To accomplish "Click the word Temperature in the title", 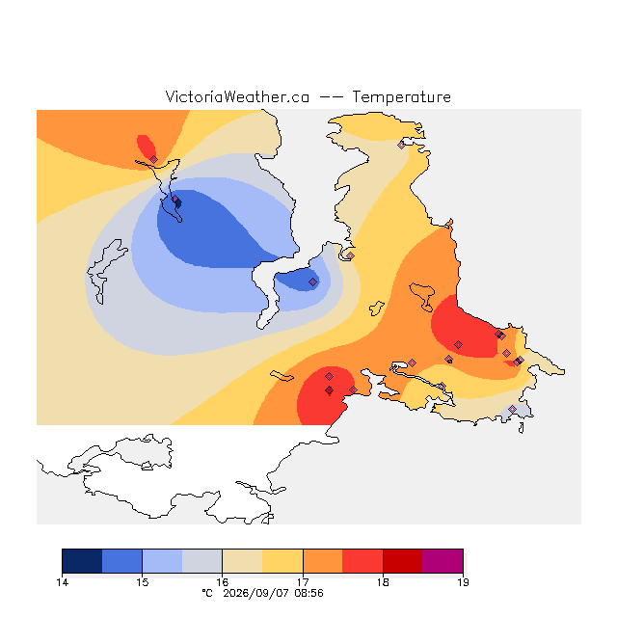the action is pyautogui.click(x=401, y=97).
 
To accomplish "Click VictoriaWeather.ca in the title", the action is pyautogui.click(x=237, y=97).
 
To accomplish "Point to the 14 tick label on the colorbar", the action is pyautogui.click(x=62, y=582).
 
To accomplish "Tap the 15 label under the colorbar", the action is pyautogui.click(x=143, y=582).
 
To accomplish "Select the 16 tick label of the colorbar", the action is pyautogui.click(x=223, y=582).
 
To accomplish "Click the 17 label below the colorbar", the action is pyautogui.click(x=303, y=582).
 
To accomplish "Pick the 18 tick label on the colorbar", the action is pyautogui.click(x=383, y=582).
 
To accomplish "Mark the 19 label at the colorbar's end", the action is pyautogui.click(x=463, y=582).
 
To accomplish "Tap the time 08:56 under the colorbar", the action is pyautogui.click(x=309, y=594).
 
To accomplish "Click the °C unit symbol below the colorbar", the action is pyautogui.click(x=207, y=594).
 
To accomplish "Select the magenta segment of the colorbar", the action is pyautogui.click(x=443, y=561).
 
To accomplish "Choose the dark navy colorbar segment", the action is pyautogui.click(x=82, y=561).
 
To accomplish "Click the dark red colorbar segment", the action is pyautogui.click(x=403, y=561).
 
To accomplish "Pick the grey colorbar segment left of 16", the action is pyautogui.click(x=202, y=561).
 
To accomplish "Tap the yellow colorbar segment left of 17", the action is pyautogui.click(x=282, y=561).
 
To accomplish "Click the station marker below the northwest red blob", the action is pyautogui.click(x=154, y=159).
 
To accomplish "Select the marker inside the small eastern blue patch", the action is pyautogui.click(x=312, y=282).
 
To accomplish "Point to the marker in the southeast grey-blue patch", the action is pyautogui.click(x=512, y=409).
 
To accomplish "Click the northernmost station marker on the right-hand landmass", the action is pyautogui.click(x=401, y=145).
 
